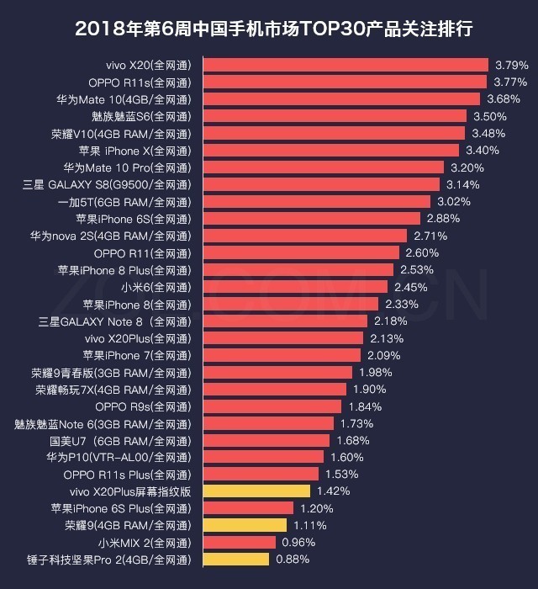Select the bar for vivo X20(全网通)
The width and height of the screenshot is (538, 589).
coord(345,65)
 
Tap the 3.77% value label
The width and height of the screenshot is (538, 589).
coord(510,82)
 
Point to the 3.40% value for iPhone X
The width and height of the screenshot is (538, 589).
coord(483,150)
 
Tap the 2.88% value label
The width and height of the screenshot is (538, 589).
coord(444,218)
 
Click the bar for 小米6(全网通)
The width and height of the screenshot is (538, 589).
coord(295,286)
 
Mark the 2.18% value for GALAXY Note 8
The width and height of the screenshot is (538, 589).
coord(390,321)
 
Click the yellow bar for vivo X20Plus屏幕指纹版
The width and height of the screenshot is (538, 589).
coord(256,491)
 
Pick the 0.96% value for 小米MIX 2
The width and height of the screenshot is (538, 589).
coord(298,542)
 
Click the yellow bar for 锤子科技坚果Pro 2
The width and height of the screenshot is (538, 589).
coord(236,560)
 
